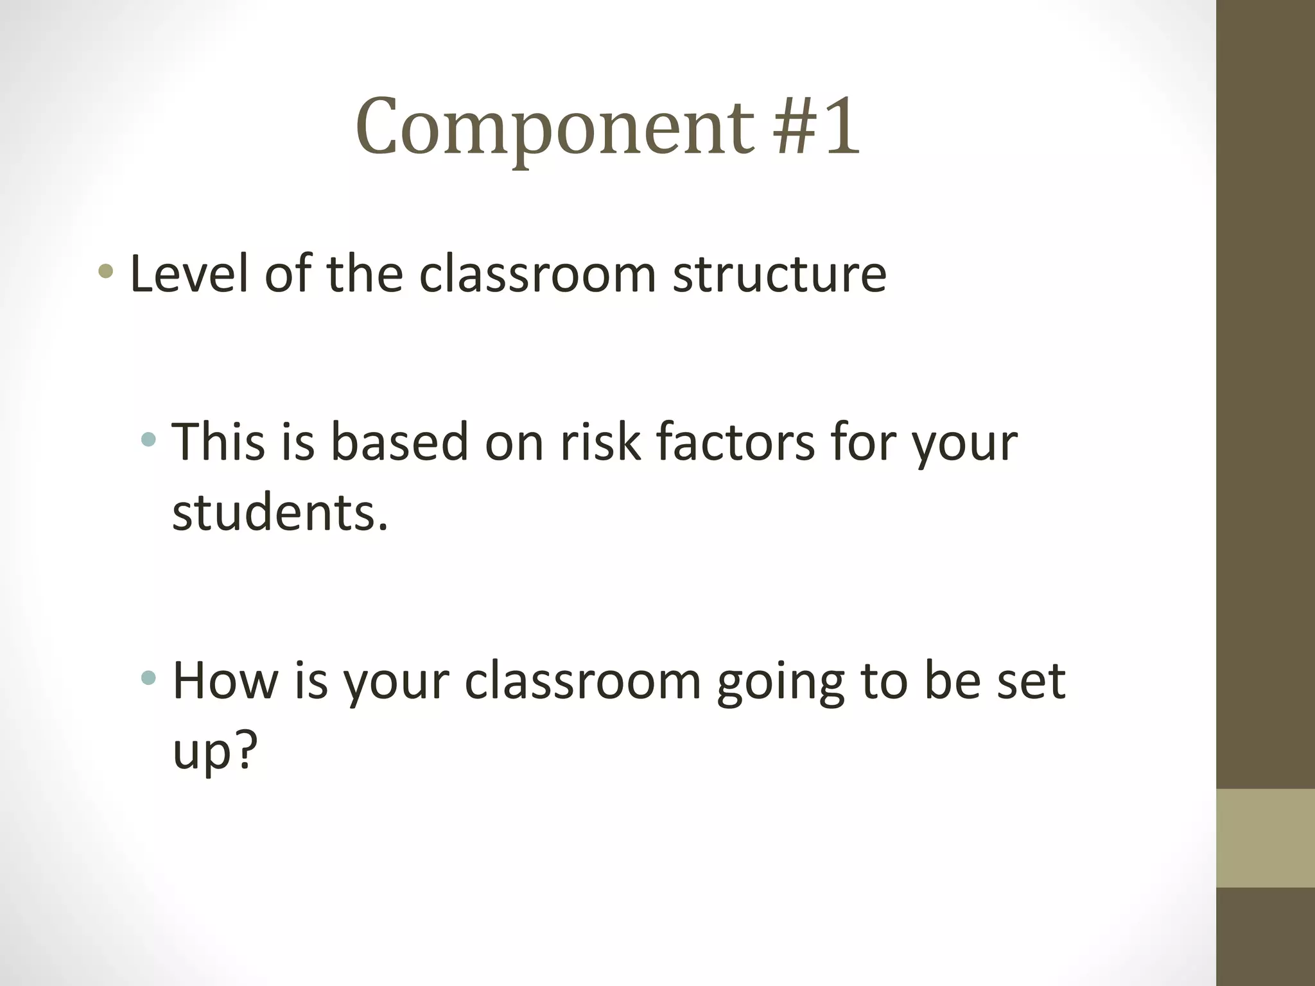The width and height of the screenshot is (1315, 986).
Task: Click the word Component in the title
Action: point(554,126)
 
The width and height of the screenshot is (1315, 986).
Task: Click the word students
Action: point(280,513)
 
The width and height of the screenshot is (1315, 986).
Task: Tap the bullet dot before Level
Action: point(106,272)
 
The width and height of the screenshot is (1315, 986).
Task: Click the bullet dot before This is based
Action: point(148,440)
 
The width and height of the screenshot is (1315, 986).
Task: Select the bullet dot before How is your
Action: point(148,677)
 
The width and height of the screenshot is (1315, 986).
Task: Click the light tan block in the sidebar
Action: point(1265,838)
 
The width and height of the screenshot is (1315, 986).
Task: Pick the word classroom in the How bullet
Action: point(582,681)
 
